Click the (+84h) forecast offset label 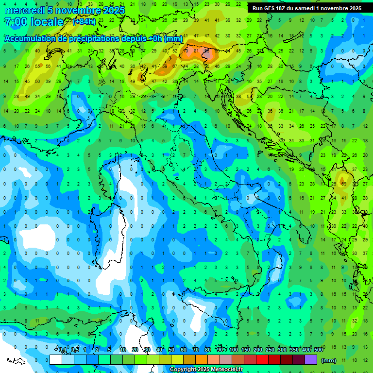[x=84, y=22]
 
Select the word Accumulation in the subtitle [x=30, y=38]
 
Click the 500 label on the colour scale [x=319, y=350]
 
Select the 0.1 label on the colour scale [x=63, y=350]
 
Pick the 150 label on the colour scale [x=246, y=350]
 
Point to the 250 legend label [x=270, y=350]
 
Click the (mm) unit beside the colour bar [x=329, y=360]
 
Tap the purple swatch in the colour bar [x=311, y=359]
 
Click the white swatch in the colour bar [x=56, y=359]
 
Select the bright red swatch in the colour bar [x=262, y=359]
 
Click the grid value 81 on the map [x=196, y=51]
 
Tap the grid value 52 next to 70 [x=175, y=51]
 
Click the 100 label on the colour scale [x=234, y=350]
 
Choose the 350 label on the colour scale [x=294, y=350]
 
